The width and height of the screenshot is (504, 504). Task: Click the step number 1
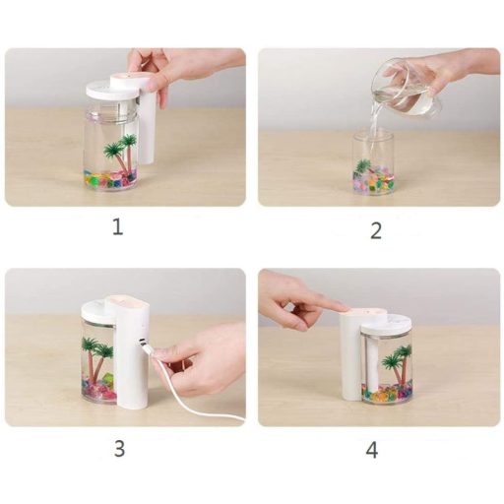click(x=118, y=227)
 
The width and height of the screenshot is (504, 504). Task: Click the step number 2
click(x=376, y=230)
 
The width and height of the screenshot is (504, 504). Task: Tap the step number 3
click(x=119, y=449)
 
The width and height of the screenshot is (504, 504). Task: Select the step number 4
click(x=372, y=450)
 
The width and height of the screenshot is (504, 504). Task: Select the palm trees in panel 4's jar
click(x=398, y=364)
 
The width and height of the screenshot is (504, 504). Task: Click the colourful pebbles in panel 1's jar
click(x=110, y=179)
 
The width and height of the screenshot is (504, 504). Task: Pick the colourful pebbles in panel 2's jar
click(x=373, y=179)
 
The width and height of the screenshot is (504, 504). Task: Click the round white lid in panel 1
click(x=112, y=90)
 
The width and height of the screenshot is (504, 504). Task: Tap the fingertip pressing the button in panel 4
click(x=342, y=307)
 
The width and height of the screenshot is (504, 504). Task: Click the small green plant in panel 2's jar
click(x=363, y=165)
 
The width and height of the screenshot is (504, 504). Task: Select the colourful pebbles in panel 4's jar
click(x=387, y=394)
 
